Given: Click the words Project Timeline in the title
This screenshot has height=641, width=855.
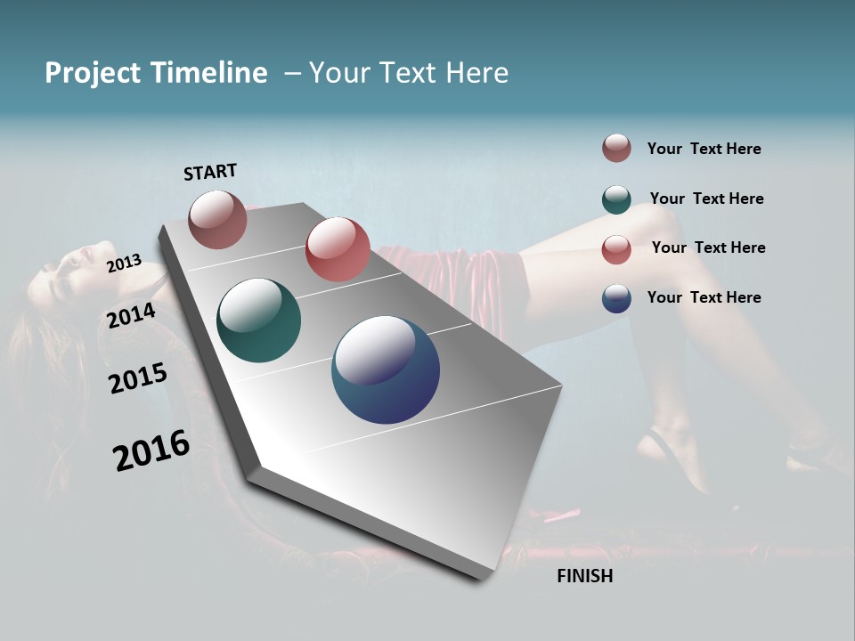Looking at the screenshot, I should (156, 73).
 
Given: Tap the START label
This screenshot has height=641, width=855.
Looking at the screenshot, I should (210, 172).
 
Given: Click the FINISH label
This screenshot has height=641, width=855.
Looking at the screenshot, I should (584, 576).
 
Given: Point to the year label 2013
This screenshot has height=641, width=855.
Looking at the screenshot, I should (124, 263).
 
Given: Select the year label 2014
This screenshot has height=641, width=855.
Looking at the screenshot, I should (131, 315).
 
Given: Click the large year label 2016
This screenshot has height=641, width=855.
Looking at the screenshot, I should (151, 450).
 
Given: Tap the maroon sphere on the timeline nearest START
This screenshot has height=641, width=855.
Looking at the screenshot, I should (217, 219).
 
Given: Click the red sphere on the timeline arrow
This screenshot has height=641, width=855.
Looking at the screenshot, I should (338, 249).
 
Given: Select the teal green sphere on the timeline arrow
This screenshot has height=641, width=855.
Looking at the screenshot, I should (258, 320).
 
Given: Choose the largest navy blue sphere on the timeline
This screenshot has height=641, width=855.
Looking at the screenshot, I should (386, 369).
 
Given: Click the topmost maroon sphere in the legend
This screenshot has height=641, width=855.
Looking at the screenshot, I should (616, 148).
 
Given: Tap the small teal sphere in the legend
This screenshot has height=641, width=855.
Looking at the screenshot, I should (616, 199).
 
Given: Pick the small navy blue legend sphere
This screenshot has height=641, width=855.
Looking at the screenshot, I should (616, 298).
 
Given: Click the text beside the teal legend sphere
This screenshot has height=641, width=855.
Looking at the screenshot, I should (706, 199).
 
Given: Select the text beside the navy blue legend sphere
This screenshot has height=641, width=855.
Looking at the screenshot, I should (704, 297).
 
